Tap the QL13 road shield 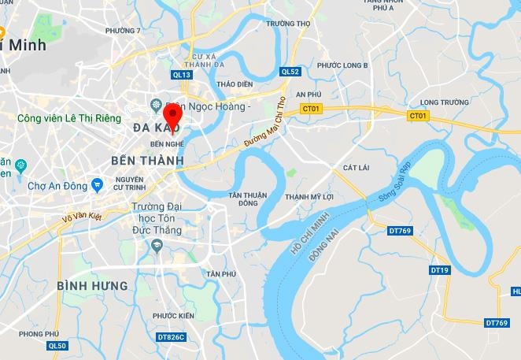pyautogui.click(x=181, y=75)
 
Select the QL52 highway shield pyautogui.click(x=290, y=72)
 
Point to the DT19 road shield pyautogui.click(x=440, y=270)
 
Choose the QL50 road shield pyautogui.click(x=57, y=345)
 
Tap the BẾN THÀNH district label pyautogui.click(x=147, y=160)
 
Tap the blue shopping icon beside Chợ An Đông pyautogui.click(x=97, y=186)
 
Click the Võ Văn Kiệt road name pyautogui.click(x=83, y=220)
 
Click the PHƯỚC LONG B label pyautogui.click(x=343, y=65)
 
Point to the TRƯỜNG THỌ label pyautogui.click(x=288, y=24)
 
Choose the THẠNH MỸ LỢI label pyautogui.click(x=311, y=197)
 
